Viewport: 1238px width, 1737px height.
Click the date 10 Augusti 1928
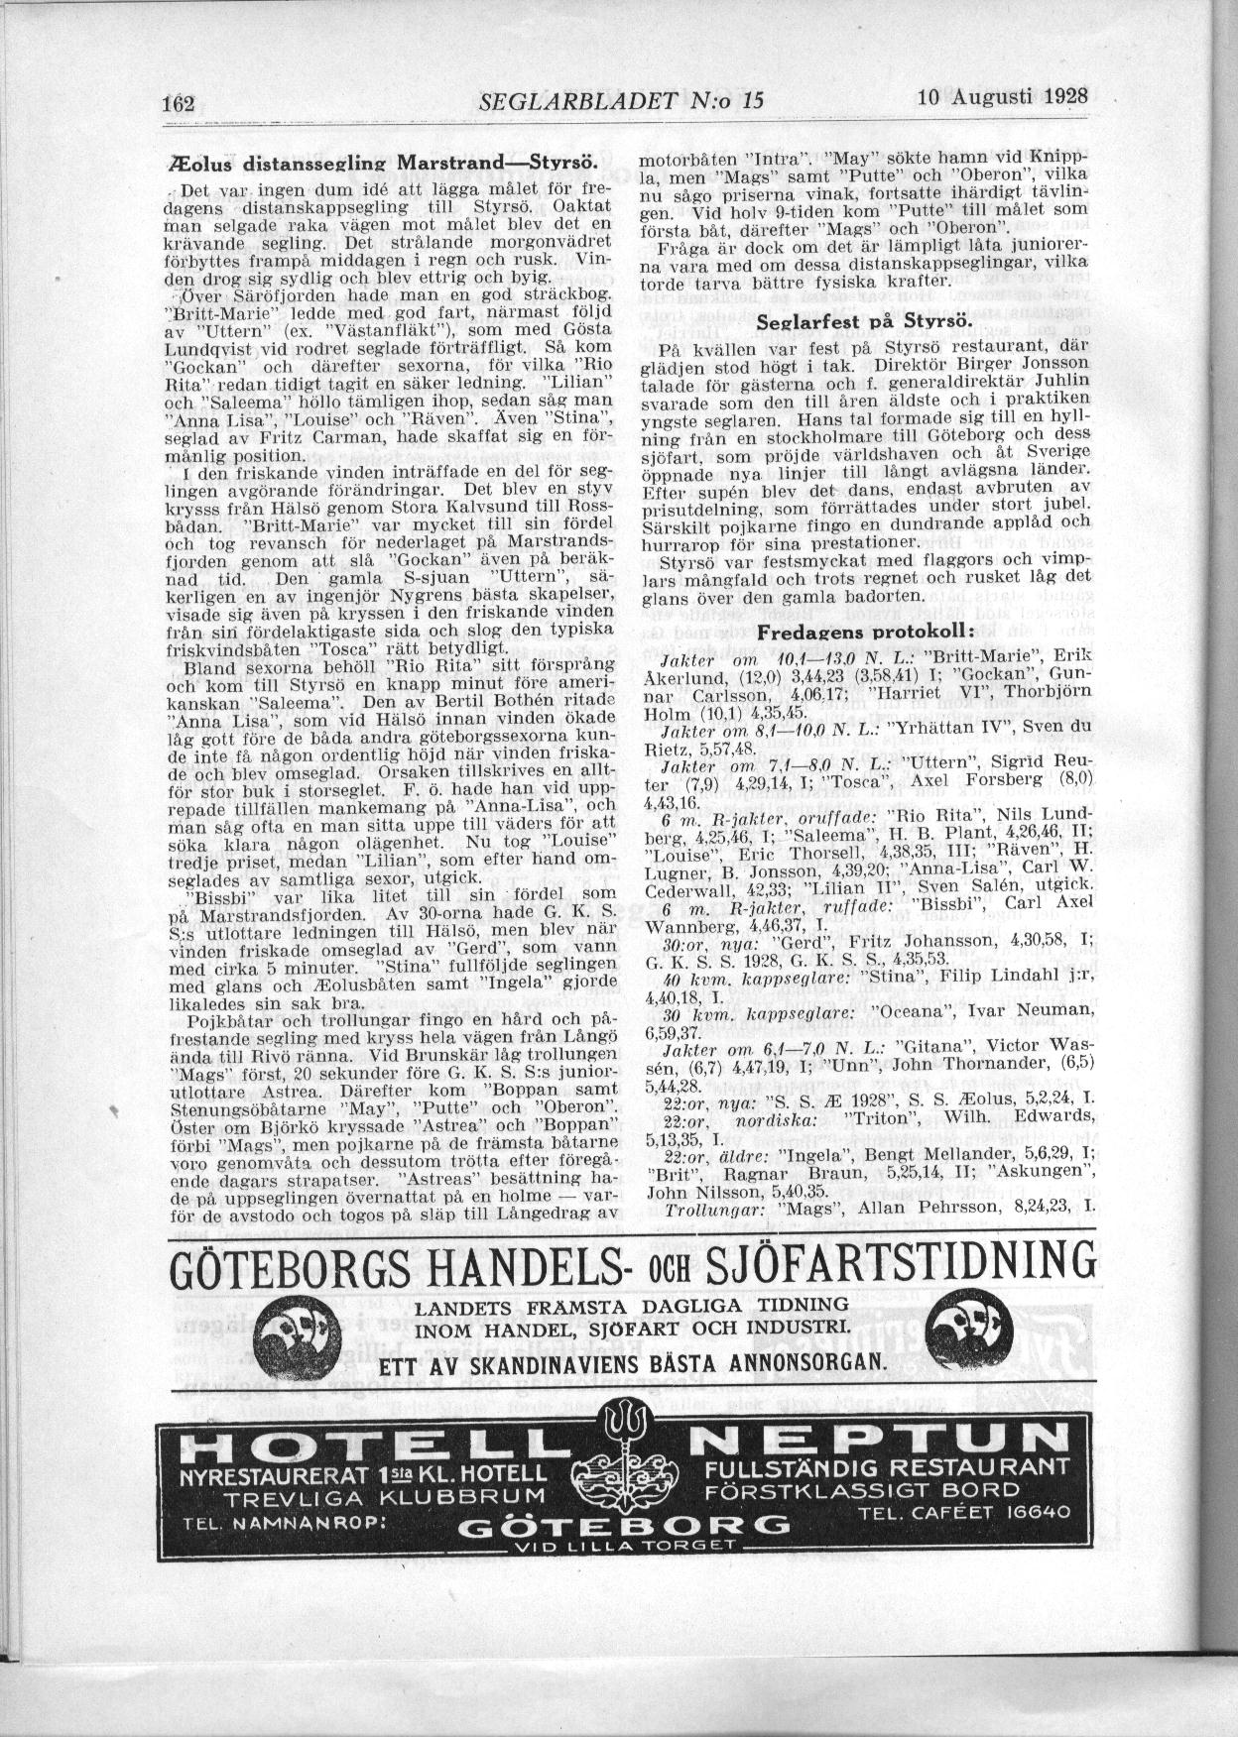click(x=1003, y=97)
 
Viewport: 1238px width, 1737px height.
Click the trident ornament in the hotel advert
click(x=624, y=1435)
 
